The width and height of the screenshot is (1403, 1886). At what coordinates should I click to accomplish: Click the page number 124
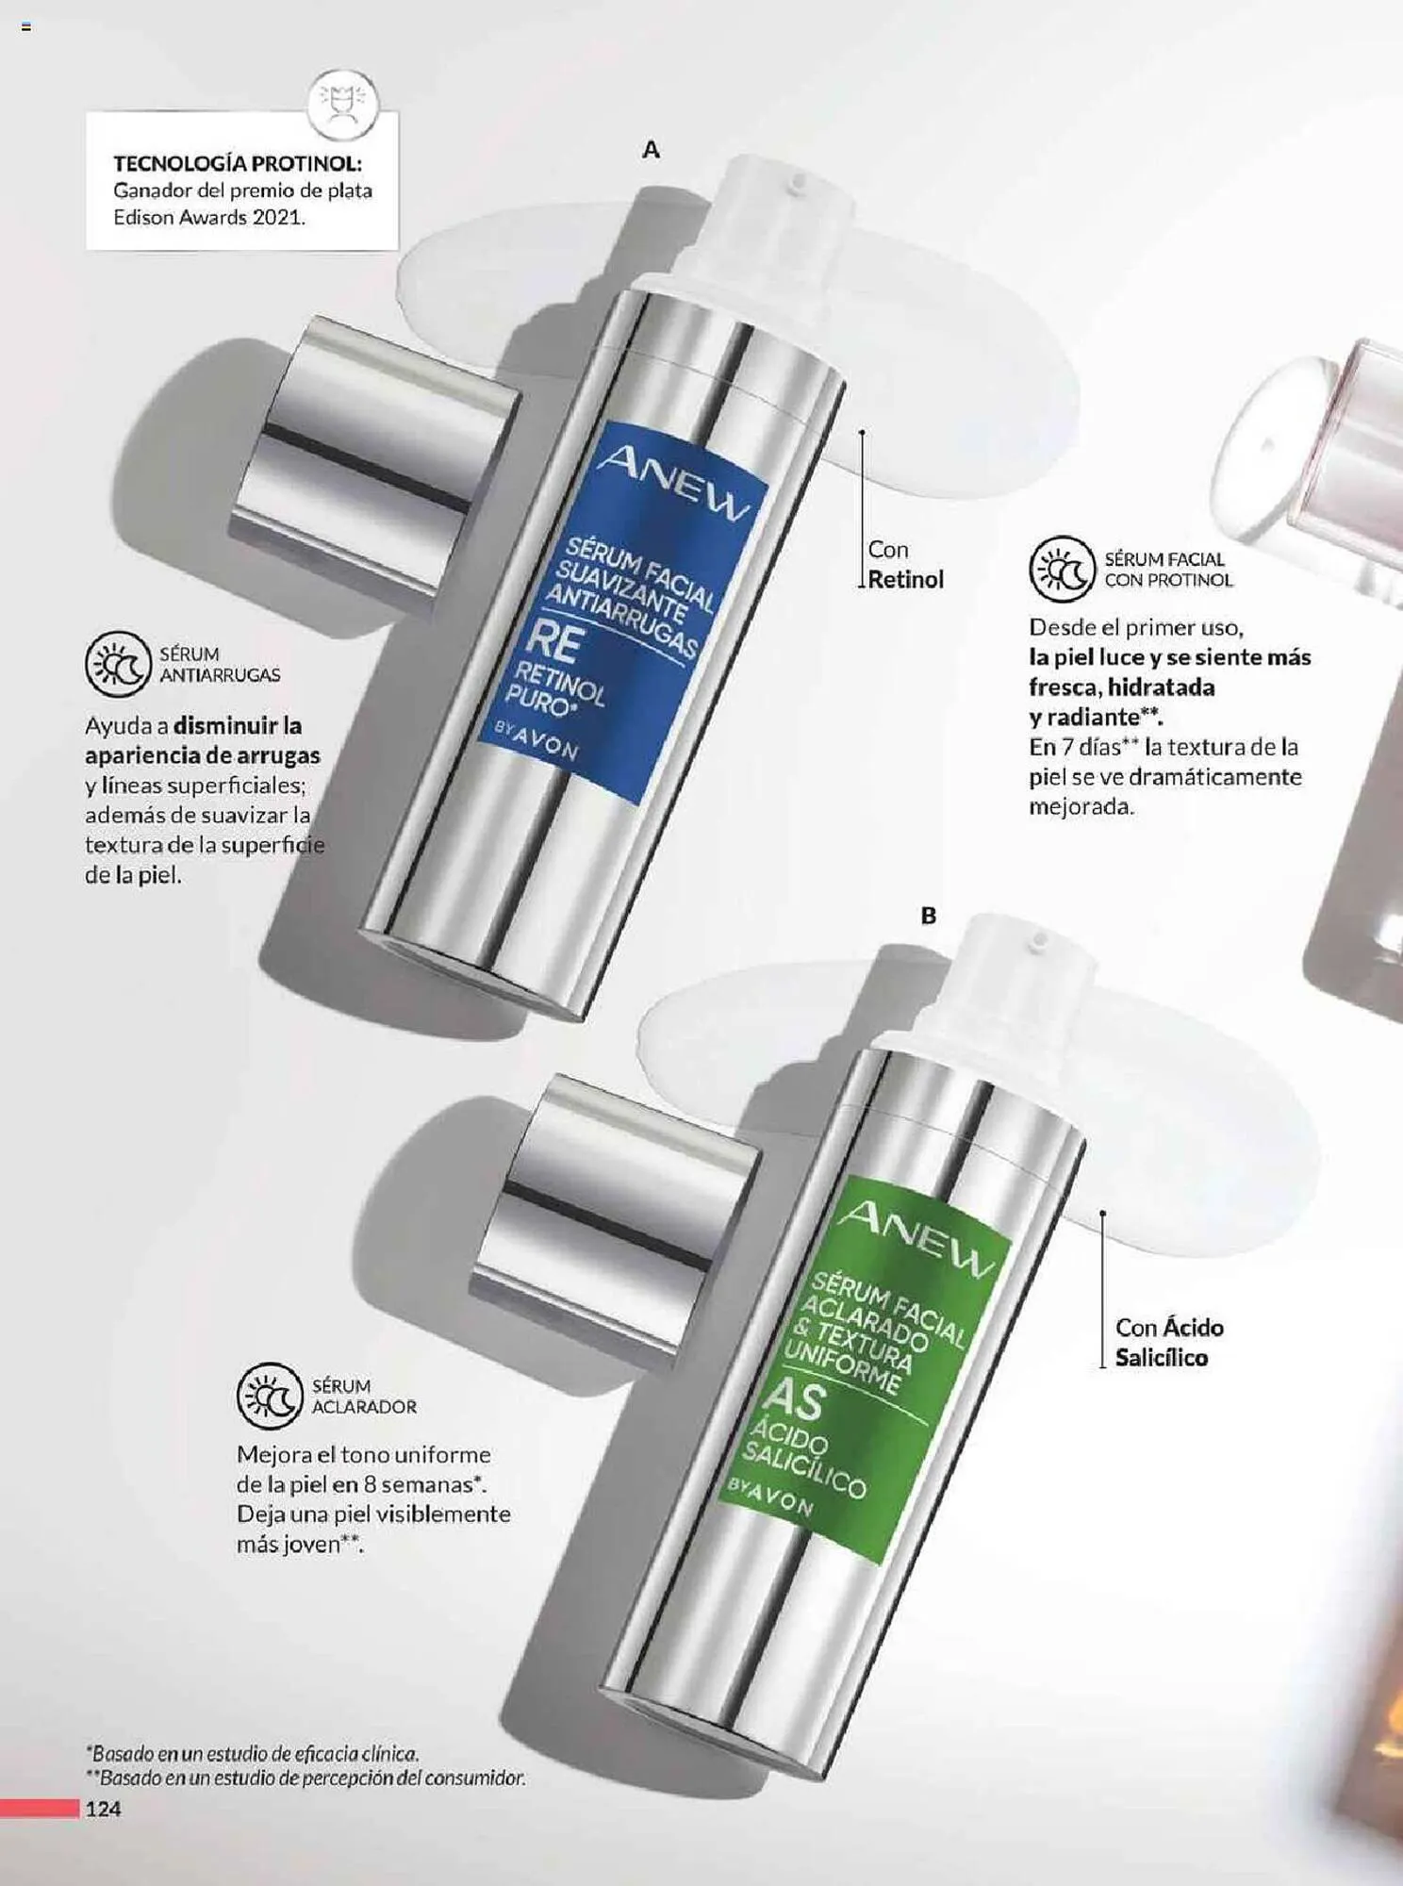point(104,1808)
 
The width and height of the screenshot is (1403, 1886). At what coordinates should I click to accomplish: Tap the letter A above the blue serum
point(651,149)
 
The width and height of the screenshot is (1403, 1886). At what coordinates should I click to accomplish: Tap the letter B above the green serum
point(929,915)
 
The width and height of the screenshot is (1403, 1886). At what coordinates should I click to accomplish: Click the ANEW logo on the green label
point(916,1239)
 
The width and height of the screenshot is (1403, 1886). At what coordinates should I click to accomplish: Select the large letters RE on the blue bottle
point(553,641)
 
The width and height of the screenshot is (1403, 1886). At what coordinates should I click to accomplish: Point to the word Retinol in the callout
point(905,579)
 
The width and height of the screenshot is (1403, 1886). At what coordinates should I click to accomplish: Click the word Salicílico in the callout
point(1161,1358)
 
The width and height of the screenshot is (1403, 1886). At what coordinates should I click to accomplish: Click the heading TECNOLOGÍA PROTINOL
point(238,163)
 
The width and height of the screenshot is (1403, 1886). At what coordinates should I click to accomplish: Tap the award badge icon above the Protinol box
point(342,104)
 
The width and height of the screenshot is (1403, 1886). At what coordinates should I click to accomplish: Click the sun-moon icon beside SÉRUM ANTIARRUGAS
point(118,664)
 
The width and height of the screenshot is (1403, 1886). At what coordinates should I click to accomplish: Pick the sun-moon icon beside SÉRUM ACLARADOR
point(270,1396)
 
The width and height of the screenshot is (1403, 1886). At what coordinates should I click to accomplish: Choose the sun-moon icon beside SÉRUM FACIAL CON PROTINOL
point(1062,570)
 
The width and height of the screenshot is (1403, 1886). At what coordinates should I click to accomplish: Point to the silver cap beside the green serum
point(615,1215)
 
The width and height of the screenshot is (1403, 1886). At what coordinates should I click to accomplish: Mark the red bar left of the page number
point(40,1808)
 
